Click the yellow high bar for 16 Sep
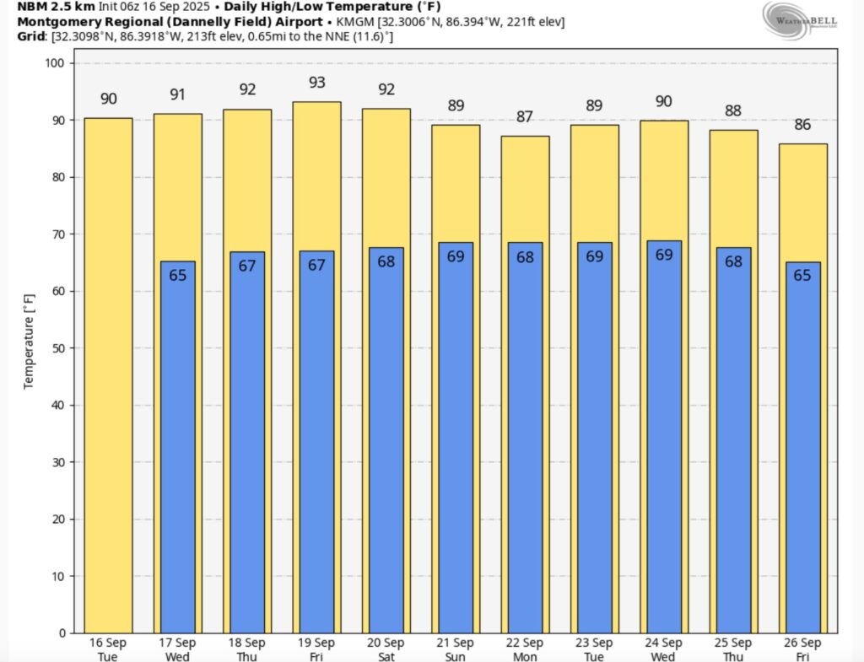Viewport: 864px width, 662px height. [108, 375]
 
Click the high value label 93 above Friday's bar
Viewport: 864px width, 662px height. [316, 83]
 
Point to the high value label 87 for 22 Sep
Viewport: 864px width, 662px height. [525, 117]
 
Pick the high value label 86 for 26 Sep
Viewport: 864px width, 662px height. [802, 125]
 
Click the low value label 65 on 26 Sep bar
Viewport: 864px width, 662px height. [802, 275]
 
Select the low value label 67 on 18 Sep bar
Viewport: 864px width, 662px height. [247, 266]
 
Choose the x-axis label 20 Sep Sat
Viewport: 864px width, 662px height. [386, 649]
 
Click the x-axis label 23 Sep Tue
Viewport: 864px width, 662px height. [594, 649]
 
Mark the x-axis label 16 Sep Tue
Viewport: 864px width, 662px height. [108, 649]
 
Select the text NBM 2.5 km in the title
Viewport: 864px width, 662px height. [51, 7]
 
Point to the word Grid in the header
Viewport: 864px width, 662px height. [31, 36]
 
